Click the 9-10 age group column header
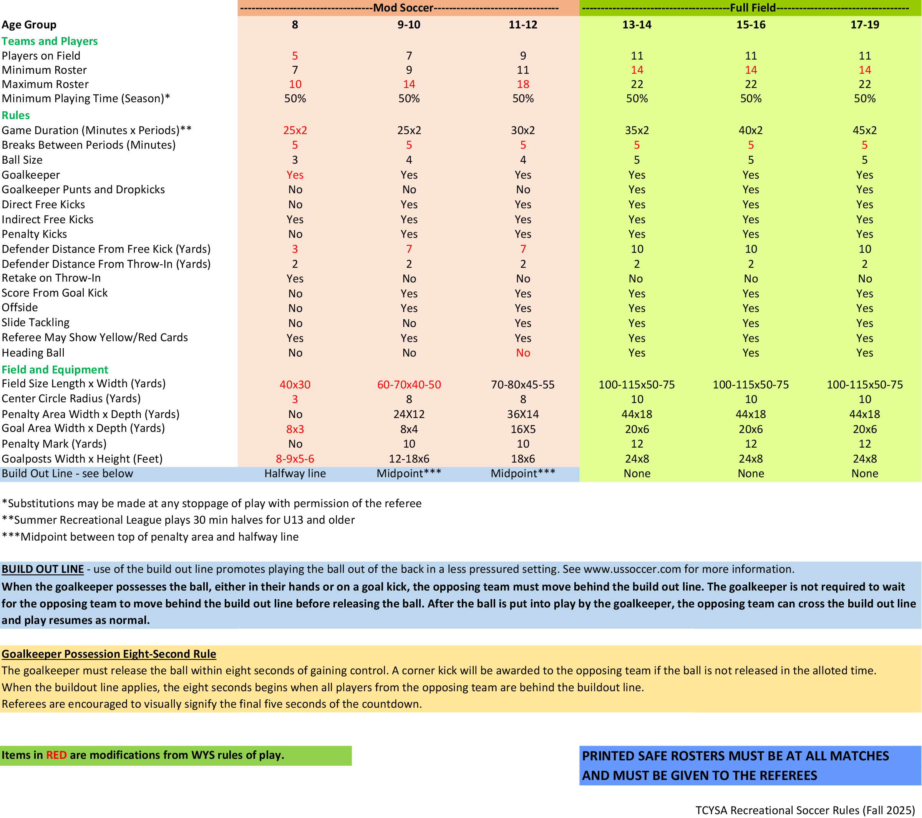(409, 25)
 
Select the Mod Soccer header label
(403, 8)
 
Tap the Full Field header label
(753, 8)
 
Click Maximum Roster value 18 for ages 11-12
(523, 85)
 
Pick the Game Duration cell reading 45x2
(864, 130)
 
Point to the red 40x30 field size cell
(295, 385)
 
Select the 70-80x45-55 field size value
(523, 385)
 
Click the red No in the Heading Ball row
(523, 353)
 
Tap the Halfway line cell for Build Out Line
(295, 473)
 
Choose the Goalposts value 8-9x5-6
(295, 459)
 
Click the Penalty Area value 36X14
(523, 414)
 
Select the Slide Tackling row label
(36, 323)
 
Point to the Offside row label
(20, 308)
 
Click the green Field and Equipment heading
(55, 370)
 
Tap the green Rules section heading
(16, 116)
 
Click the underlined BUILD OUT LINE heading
(43, 569)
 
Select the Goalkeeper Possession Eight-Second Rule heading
(109, 654)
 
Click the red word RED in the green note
(56, 755)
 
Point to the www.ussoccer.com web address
(632, 569)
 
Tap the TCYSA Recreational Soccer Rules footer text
(805, 810)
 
